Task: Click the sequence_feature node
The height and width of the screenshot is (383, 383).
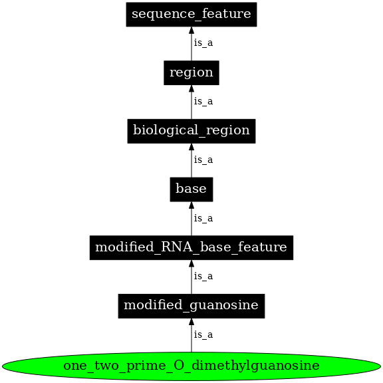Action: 191,14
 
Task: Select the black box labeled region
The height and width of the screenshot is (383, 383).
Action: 191,72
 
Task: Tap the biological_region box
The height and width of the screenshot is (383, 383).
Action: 191,131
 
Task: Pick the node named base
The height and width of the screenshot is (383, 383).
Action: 191,190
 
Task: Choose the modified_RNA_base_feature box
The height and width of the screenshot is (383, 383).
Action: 191,248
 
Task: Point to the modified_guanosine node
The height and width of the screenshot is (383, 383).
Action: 191,306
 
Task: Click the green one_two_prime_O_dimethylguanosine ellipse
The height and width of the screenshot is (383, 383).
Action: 191,366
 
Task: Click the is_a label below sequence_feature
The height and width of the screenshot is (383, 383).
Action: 203,43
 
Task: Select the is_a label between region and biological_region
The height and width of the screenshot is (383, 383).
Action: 203,102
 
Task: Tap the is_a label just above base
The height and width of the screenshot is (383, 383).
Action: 203,160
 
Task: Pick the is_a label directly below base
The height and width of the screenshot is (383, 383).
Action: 203,219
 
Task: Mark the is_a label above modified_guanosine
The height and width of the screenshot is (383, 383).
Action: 203,277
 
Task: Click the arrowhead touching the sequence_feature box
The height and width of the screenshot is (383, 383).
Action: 191,31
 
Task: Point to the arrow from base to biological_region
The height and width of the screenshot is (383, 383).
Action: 191,163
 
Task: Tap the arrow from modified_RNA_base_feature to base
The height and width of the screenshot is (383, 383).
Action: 191,221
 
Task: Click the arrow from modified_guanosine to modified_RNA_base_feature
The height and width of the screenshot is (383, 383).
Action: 191,280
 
